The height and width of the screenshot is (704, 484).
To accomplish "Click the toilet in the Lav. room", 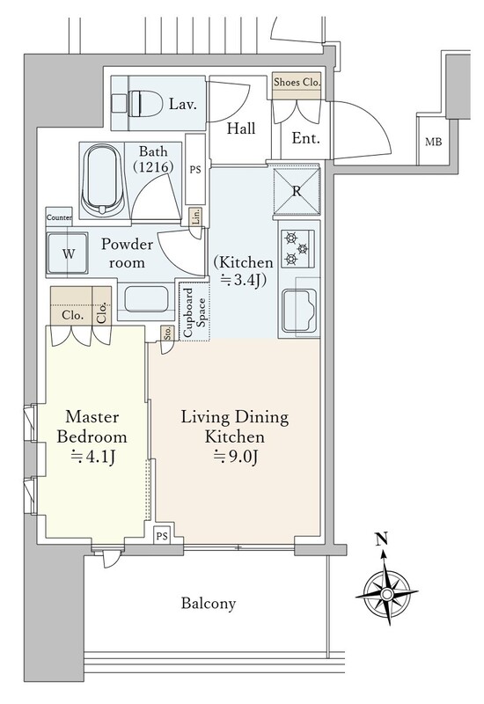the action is pyautogui.click(x=137, y=103).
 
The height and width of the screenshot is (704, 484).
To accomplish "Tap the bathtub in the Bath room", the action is pyautogui.click(x=103, y=180).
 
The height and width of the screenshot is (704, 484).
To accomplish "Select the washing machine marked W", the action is pyautogui.click(x=68, y=253).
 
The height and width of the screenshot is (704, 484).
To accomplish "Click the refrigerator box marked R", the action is pyautogui.click(x=297, y=191).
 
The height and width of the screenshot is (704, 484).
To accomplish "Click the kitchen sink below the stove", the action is pyautogui.click(x=299, y=311).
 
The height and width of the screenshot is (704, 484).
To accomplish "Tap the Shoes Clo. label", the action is pyautogui.click(x=297, y=82).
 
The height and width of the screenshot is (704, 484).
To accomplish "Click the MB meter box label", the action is pyautogui.click(x=433, y=142).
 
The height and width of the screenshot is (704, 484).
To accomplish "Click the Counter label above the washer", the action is pyautogui.click(x=59, y=217).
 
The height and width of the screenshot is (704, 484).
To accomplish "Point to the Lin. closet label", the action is pyautogui.click(x=195, y=216).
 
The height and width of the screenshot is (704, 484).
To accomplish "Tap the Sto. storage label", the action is pyautogui.click(x=167, y=334).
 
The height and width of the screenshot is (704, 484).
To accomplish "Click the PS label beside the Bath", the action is pyautogui.click(x=195, y=170).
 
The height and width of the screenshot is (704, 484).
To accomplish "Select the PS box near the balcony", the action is pyautogui.click(x=162, y=536).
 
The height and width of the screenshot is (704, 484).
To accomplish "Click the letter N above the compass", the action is pyautogui.click(x=382, y=539).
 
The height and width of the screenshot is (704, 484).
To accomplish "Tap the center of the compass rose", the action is pyautogui.click(x=386, y=594).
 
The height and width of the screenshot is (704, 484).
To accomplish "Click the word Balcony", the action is pyautogui.click(x=209, y=603).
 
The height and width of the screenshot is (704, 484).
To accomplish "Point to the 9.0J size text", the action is pyautogui.click(x=236, y=457).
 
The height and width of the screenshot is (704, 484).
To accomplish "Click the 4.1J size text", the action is pyautogui.click(x=93, y=457).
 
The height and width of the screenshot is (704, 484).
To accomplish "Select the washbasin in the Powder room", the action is pyautogui.click(x=146, y=298).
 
